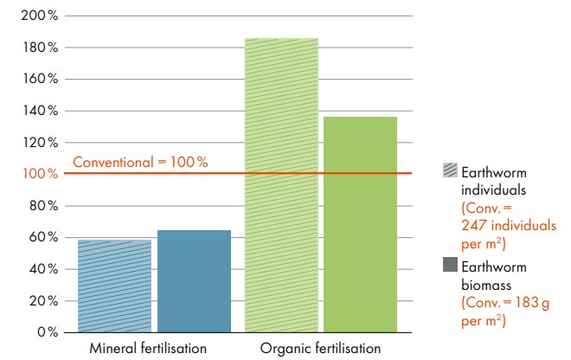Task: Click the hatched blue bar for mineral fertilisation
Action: (114, 286)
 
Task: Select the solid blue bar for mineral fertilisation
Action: (194, 280)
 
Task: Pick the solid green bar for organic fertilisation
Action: (361, 224)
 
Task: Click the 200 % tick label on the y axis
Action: (40, 16)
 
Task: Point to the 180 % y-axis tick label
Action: (40, 48)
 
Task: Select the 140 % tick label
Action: (40, 111)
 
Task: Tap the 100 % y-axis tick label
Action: (40, 174)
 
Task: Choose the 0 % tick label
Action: (46, 332)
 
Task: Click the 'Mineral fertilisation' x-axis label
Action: (150, 349)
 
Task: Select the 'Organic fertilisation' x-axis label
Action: (319, 349)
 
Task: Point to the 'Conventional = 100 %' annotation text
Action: (140, 162)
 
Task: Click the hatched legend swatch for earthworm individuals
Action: (450, 170)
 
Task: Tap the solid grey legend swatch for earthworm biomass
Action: (450, 265)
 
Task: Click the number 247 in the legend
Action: (473, 225)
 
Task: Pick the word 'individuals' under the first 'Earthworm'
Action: (491, 188)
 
